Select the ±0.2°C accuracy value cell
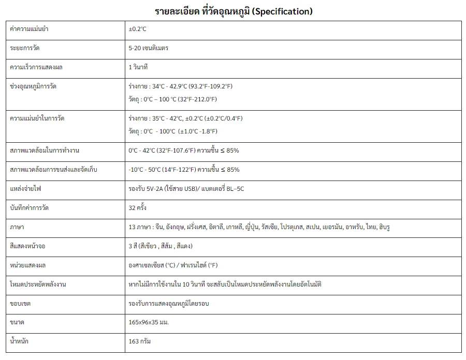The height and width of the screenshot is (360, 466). click(138, 29)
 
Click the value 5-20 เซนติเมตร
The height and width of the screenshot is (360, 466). click(149, 48)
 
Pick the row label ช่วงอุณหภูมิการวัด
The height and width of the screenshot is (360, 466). click(33, 86)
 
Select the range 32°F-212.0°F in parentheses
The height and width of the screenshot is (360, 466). click(193, 99)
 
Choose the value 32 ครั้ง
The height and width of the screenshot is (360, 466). click(138, 207)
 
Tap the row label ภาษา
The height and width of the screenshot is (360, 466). click(18, 227)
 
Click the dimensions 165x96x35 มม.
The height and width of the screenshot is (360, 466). click(149, 322)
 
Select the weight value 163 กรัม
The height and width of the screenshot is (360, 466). click(140, 341)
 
